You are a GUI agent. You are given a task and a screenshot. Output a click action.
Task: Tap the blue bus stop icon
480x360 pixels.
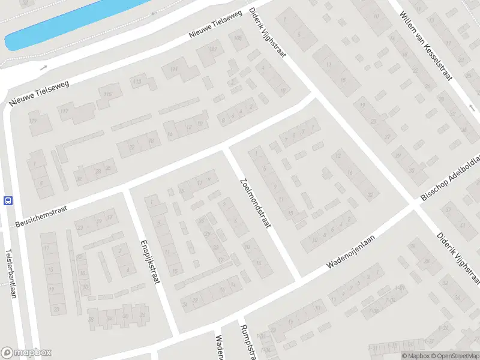coord(8,200)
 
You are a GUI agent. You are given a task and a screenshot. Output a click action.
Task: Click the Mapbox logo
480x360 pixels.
coord(26,353)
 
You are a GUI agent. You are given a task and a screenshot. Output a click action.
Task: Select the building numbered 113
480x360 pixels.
coord(138,82)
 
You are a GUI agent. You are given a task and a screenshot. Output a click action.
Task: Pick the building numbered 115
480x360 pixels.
coord(108,94)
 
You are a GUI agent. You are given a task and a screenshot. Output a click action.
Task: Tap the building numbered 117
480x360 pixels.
coord(64,112)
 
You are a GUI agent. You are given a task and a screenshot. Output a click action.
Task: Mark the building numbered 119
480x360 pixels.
coord(32,122)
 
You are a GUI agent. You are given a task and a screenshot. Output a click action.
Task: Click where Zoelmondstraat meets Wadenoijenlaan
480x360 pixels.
coord(296,280)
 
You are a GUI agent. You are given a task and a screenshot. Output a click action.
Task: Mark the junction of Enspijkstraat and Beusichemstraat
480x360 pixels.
coord(127,191)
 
